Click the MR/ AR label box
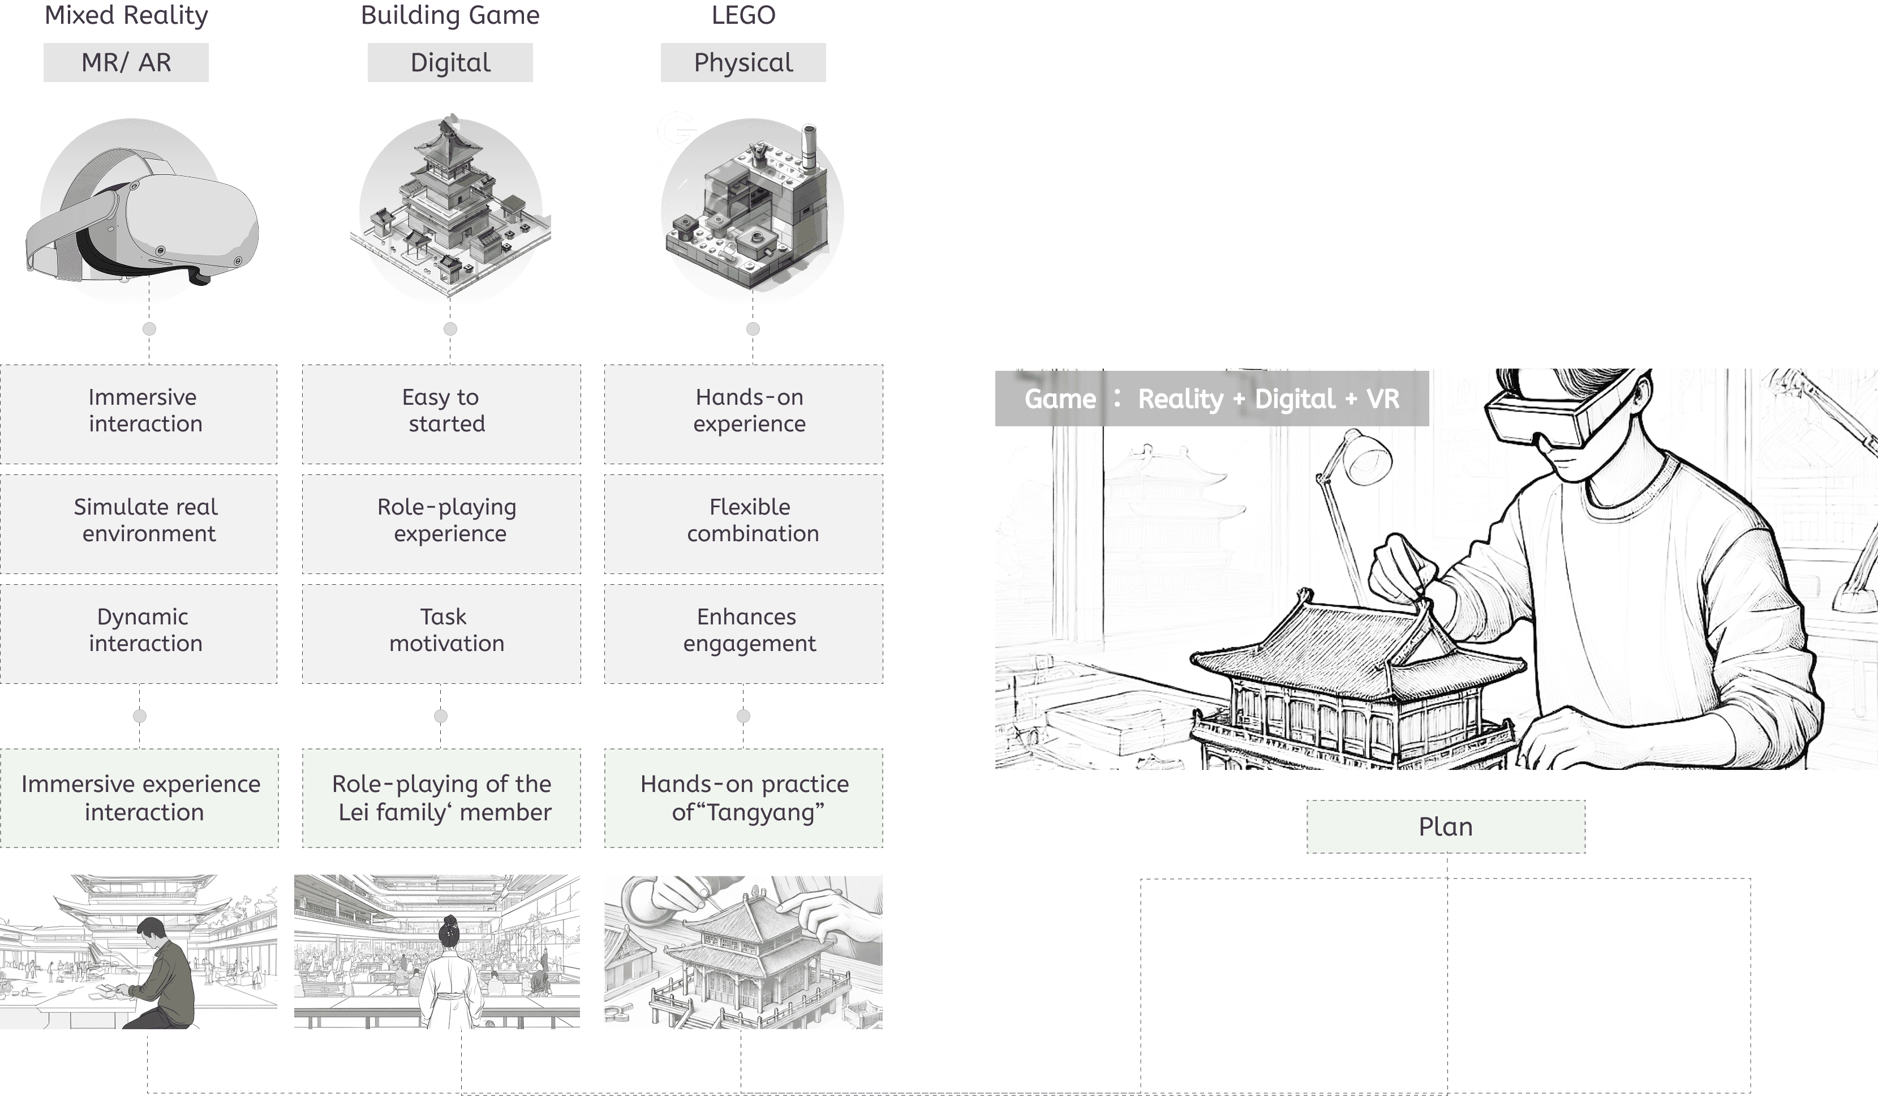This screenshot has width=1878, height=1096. tap(126, 63)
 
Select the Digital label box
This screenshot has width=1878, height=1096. tap(450, 63)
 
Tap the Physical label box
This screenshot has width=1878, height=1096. tap(743, 63)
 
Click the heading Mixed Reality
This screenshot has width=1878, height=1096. tap(126, 15)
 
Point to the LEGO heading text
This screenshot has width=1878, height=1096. tap(743, 15)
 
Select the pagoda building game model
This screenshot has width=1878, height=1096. tap(450, 209)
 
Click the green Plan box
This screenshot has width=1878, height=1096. tap(1446, 827)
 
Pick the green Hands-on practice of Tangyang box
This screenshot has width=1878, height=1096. tap(744, 798)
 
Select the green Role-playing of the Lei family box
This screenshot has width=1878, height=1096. tap(441, 798)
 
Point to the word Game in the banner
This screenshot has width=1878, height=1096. tap(1060, 400)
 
